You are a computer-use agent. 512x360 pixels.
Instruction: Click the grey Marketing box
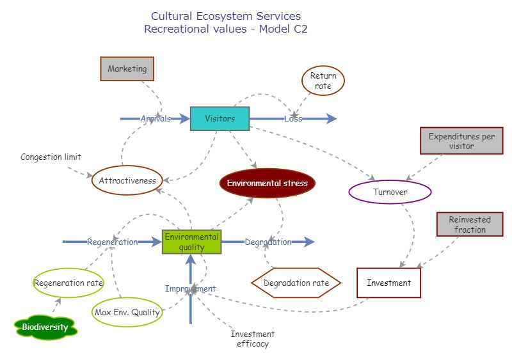[127, 69]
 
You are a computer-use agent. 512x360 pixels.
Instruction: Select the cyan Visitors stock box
[220, 118]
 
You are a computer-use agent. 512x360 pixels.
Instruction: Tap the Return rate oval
[323, 81]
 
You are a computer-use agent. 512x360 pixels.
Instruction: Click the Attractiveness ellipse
[127, 180]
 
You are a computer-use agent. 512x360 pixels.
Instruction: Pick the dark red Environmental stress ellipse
[267, 184]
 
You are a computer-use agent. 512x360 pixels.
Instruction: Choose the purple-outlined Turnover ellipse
[390, 192]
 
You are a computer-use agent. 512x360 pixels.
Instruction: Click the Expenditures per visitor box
[461, 141]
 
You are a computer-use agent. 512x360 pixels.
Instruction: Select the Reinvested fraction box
[470, 224]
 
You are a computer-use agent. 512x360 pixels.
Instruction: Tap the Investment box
[388, 283]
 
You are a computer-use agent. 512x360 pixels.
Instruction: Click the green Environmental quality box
[191, 242]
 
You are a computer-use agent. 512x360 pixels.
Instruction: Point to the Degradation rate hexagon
[296, 283]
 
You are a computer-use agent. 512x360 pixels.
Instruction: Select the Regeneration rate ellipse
[68, 283]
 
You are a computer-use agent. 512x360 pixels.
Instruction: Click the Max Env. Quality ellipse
[127, 312]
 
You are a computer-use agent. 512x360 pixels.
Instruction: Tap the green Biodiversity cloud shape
[45, 327]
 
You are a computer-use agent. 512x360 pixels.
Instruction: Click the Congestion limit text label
[51, 157]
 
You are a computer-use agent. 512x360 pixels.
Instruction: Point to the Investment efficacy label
[252, 339]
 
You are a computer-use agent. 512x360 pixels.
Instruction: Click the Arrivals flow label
[156, 118]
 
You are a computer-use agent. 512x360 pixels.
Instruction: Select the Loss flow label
[293, 118]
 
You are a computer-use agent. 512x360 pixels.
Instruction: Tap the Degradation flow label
[268, 242]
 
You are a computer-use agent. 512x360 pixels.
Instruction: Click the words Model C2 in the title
[284, 29]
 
